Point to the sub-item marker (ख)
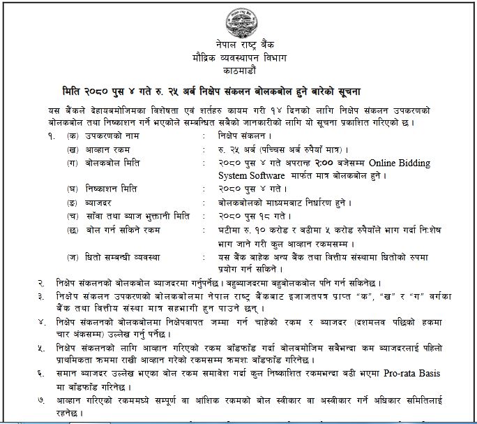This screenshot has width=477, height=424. pos(73,149)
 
